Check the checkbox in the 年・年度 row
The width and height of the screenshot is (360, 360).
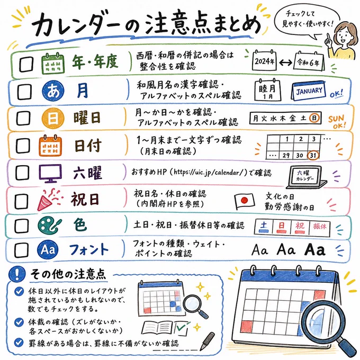pyautogui.click(x=26, y=64)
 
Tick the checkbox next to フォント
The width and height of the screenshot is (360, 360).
pyautogui.click(x=21, y=250)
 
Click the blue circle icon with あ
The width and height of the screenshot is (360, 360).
pyautogui.click(x=53, y=91)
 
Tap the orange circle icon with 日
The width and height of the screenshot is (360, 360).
pyautogui.click(x=52, y=118)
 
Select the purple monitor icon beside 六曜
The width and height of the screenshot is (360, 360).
pyautogui.click(x=50, y=173)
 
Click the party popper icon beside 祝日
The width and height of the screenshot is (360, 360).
pyautogui.click(x=49, y=200)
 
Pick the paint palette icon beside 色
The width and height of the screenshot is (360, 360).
pyautogui.click(x=50, y=226)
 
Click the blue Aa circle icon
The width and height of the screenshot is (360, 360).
pyautogui.click(x=48, y=249)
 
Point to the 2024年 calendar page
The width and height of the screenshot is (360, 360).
pyautogui.click(x=264, y=60)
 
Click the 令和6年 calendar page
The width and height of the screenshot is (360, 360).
pyautogui.click(x=309, y=61)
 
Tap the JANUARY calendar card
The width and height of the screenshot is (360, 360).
pyautogui.click(x=309, y=91)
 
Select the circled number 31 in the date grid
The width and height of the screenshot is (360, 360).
pyautogui.click(x=313, y=156)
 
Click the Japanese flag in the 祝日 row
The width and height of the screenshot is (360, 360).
pyautogui.click(x=245, y=201)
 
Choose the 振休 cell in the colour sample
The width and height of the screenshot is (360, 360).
pyautogui.click(x=320, y=227)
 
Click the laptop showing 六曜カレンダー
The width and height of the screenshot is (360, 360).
pyautogui.click(x=307, y=177)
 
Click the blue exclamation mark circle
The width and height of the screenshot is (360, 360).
pyautogui.click(x=17, y=274)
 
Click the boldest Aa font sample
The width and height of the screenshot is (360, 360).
pyautogui.click(x=315, y=249)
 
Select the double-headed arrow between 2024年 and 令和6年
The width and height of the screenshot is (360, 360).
pyautogui.click(x=285, y=62)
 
